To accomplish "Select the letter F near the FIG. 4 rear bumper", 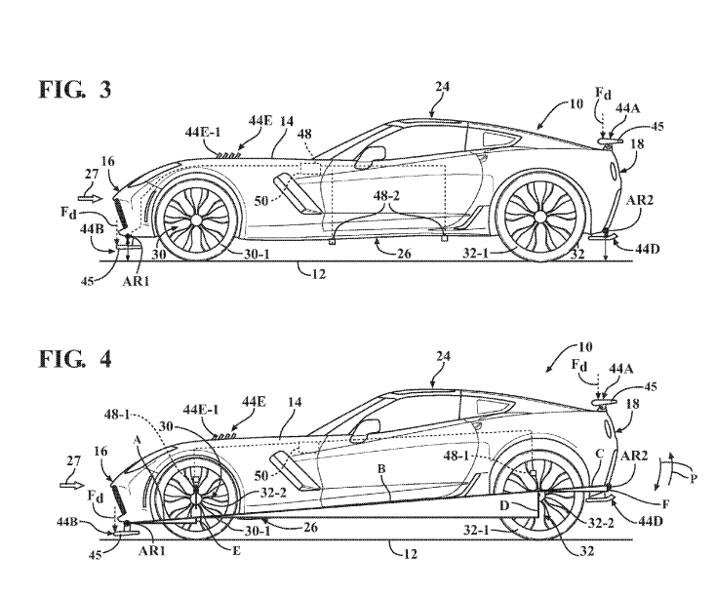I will click(637, 505).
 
